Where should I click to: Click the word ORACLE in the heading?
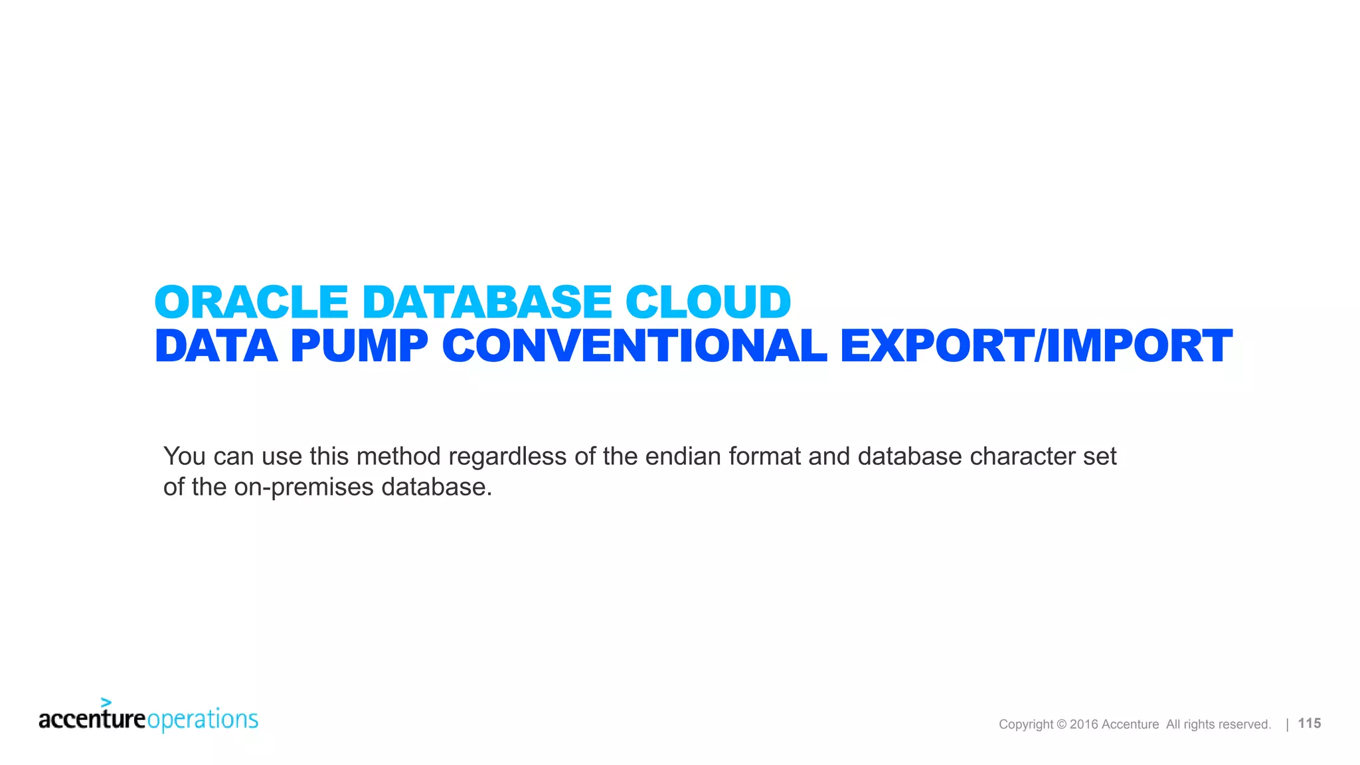(x=251, y=302)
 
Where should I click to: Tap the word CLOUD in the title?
(x=708, y=302)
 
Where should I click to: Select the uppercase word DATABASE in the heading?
(x=486, y=302)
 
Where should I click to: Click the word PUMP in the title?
(x=359, y=346)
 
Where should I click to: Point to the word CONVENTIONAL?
(x=634, y=346)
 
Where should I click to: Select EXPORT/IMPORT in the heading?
(x=1036, y=346)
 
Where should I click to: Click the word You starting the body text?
(x=185, y=456)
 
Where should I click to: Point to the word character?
(x=1022, y=456)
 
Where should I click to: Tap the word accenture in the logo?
(x=92, y=719)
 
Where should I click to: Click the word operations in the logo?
(x=203, y=720)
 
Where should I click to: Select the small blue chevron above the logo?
(x=106, y=703)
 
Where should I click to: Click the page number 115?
(x=1309, y=723)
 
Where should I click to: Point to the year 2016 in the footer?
(x=1084, y=724)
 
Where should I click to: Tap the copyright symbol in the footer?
(x=1061, y=724)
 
